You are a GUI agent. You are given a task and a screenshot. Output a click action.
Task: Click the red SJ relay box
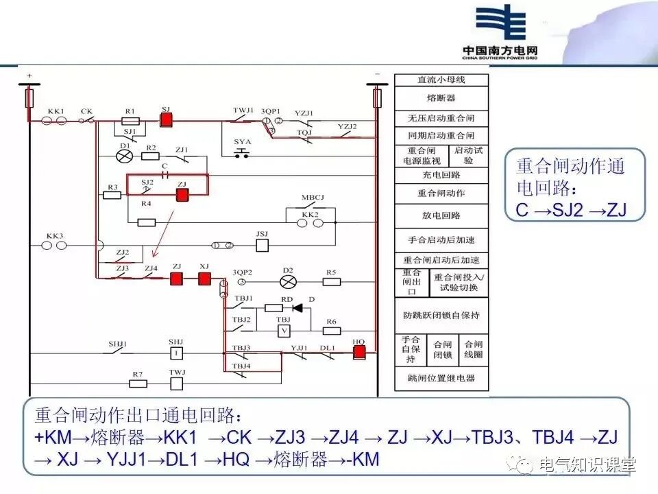(166, 119)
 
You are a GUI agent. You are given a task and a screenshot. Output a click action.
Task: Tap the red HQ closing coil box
(358, 353)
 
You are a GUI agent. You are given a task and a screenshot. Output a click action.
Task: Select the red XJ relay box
(204, 279)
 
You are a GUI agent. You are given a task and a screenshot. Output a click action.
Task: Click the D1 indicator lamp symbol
(124, 156)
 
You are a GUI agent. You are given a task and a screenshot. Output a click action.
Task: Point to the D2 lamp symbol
(288, 280)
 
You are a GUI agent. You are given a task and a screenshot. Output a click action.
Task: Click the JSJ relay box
(261, 244)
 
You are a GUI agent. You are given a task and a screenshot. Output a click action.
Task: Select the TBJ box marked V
(283, 331)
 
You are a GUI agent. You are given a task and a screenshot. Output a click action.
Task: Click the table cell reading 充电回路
(441, 175)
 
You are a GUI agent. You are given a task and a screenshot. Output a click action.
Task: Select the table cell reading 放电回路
(441, 215)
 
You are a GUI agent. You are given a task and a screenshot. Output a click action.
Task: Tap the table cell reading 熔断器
(441, 98)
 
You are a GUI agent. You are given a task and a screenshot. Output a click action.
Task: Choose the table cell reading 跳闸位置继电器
(441, 378)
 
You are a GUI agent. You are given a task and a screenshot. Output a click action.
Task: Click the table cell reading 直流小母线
(441, 80)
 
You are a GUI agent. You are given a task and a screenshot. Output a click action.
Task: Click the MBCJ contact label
(312, 198)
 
